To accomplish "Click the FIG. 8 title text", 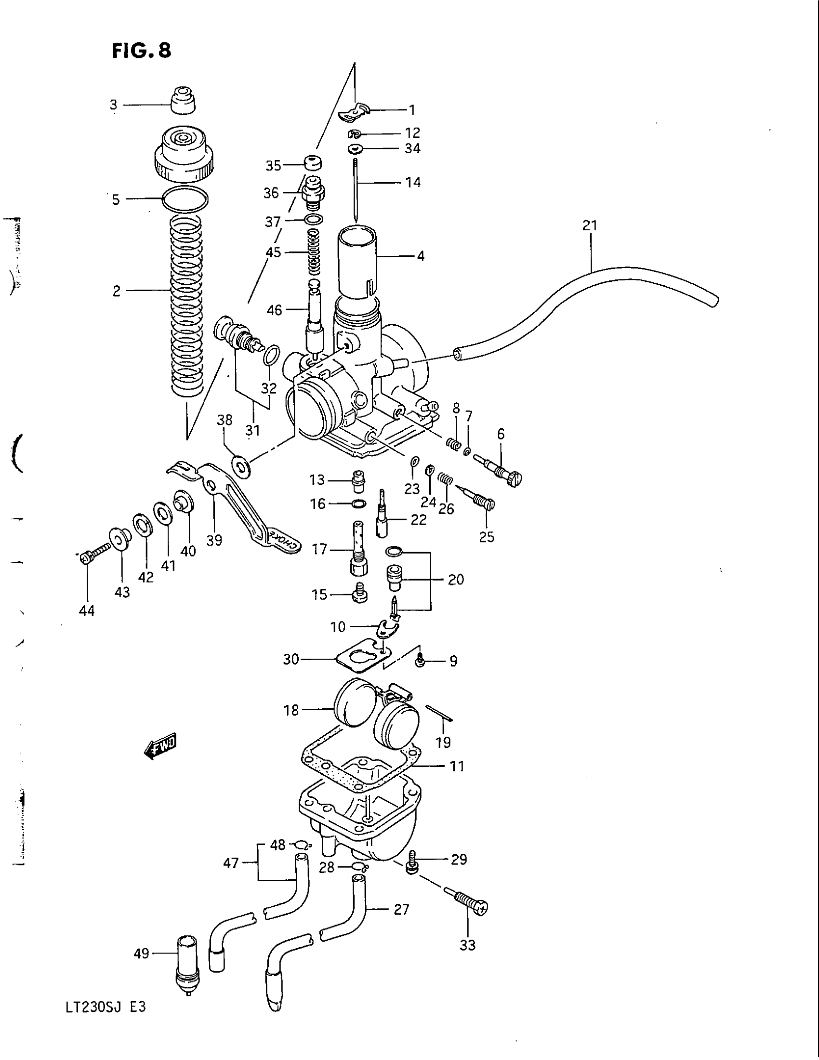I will (141, 50).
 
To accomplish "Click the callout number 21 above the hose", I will (590, 225).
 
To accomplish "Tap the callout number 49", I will (141, 954).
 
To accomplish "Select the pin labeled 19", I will (439, 713).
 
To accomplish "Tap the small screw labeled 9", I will (420, 659).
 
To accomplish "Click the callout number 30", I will (291, 659).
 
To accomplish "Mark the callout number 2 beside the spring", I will (117, 291).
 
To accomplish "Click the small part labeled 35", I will (313, 162).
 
